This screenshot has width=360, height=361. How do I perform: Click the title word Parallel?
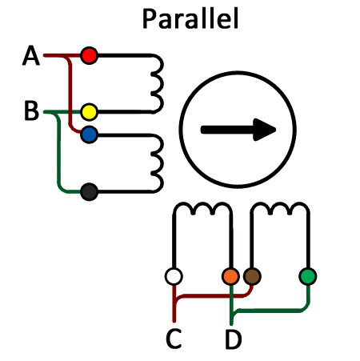(190, 18)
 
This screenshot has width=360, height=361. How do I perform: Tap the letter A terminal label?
(31, 55)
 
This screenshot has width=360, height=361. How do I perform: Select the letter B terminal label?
(31, 110)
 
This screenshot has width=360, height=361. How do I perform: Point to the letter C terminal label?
(174, 339)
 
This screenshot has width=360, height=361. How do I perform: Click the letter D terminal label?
(234, 339)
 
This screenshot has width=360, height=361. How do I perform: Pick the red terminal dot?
(89, 55)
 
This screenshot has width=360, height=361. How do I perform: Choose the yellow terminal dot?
(89, 112)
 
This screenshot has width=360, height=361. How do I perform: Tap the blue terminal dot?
(89, 134)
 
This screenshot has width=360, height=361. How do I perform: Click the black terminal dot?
(89, 192)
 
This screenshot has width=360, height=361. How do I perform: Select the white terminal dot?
(174, 276)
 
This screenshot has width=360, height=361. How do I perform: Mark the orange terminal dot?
(230, 276)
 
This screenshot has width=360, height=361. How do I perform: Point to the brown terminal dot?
(252, 276)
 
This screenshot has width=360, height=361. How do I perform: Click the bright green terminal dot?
(308, 276)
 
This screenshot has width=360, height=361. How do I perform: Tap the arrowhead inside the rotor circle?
(264, 130)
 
